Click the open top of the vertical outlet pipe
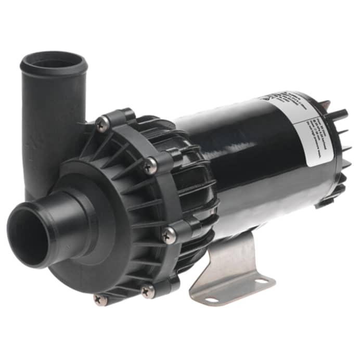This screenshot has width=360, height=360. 54,61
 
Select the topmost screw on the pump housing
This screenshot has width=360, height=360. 103,123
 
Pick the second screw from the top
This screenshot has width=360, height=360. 150,166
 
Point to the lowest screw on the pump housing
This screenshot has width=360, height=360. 100,298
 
